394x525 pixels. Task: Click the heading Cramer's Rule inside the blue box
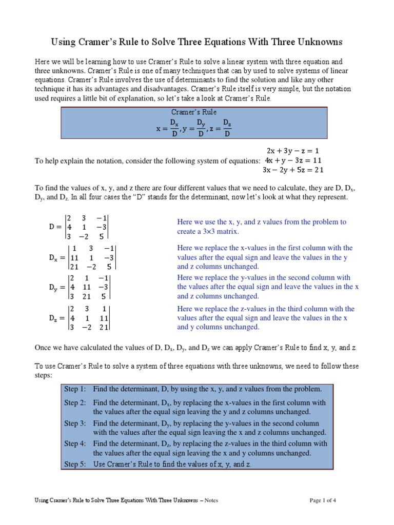(194, 112)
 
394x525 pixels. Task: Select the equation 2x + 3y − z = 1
(293, 151)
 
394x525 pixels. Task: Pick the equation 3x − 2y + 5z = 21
(293, 170)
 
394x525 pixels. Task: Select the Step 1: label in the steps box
(75, 389)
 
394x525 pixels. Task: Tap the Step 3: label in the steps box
(75, 423)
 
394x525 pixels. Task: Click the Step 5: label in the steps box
(75, 464)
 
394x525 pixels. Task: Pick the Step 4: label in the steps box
(75, 444)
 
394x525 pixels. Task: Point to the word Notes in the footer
(211, 500)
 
